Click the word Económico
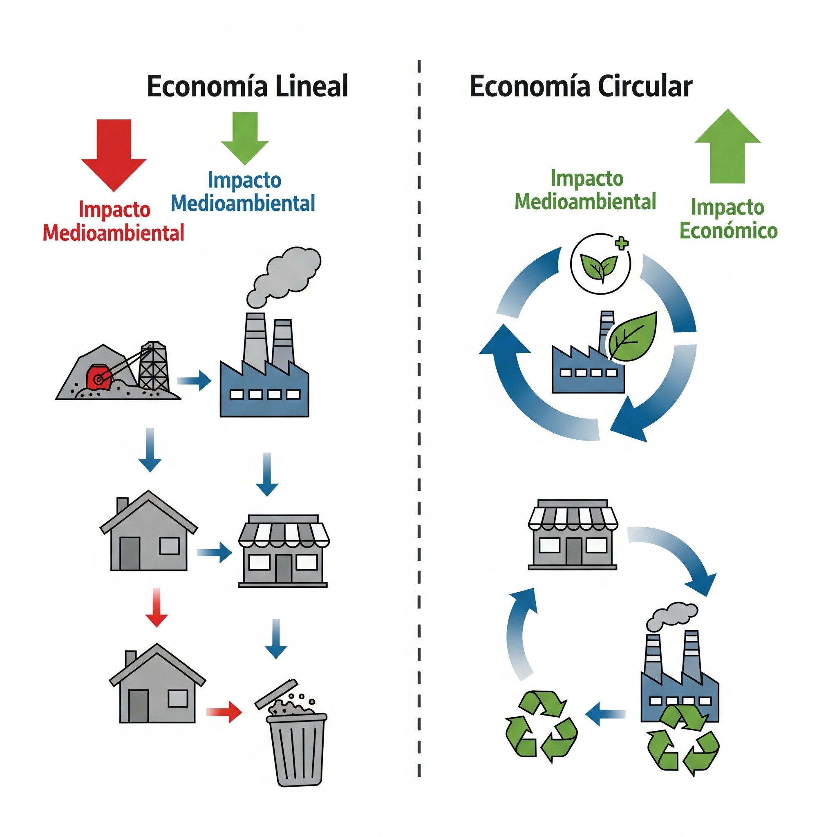[x=728, y=231]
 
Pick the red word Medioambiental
[x=114, y=233]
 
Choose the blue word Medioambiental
[x=243, y=204]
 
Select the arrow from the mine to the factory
[x=194, y=381]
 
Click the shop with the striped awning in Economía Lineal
[x=284, y=550]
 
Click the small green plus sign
[x=622, y=244]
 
